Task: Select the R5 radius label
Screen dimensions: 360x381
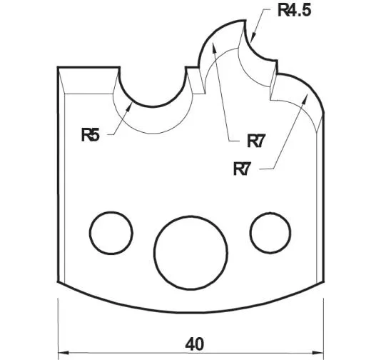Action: [x=91, y=134]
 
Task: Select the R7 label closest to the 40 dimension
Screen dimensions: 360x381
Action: [x=244, y=169]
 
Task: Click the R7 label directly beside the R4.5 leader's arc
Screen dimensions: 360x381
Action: [x=257, y=141]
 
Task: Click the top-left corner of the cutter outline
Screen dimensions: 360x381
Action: [x=58, y=68]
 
